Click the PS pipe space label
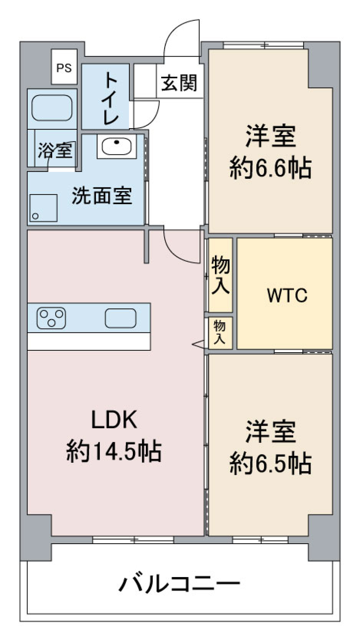(x=64, y=68)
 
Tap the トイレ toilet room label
(x=111, y=98)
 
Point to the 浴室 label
(x=55, y=151)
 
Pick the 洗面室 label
(x=102, y=196)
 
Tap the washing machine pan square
(x=43, y=208)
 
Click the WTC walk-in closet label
(x=287, y=295)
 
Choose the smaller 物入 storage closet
(x=220, y=333)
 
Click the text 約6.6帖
(x=270, y=169)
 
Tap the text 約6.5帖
(x=270, y=464)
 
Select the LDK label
(x=114, y=420)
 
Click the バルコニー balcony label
(x=179, y=584)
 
